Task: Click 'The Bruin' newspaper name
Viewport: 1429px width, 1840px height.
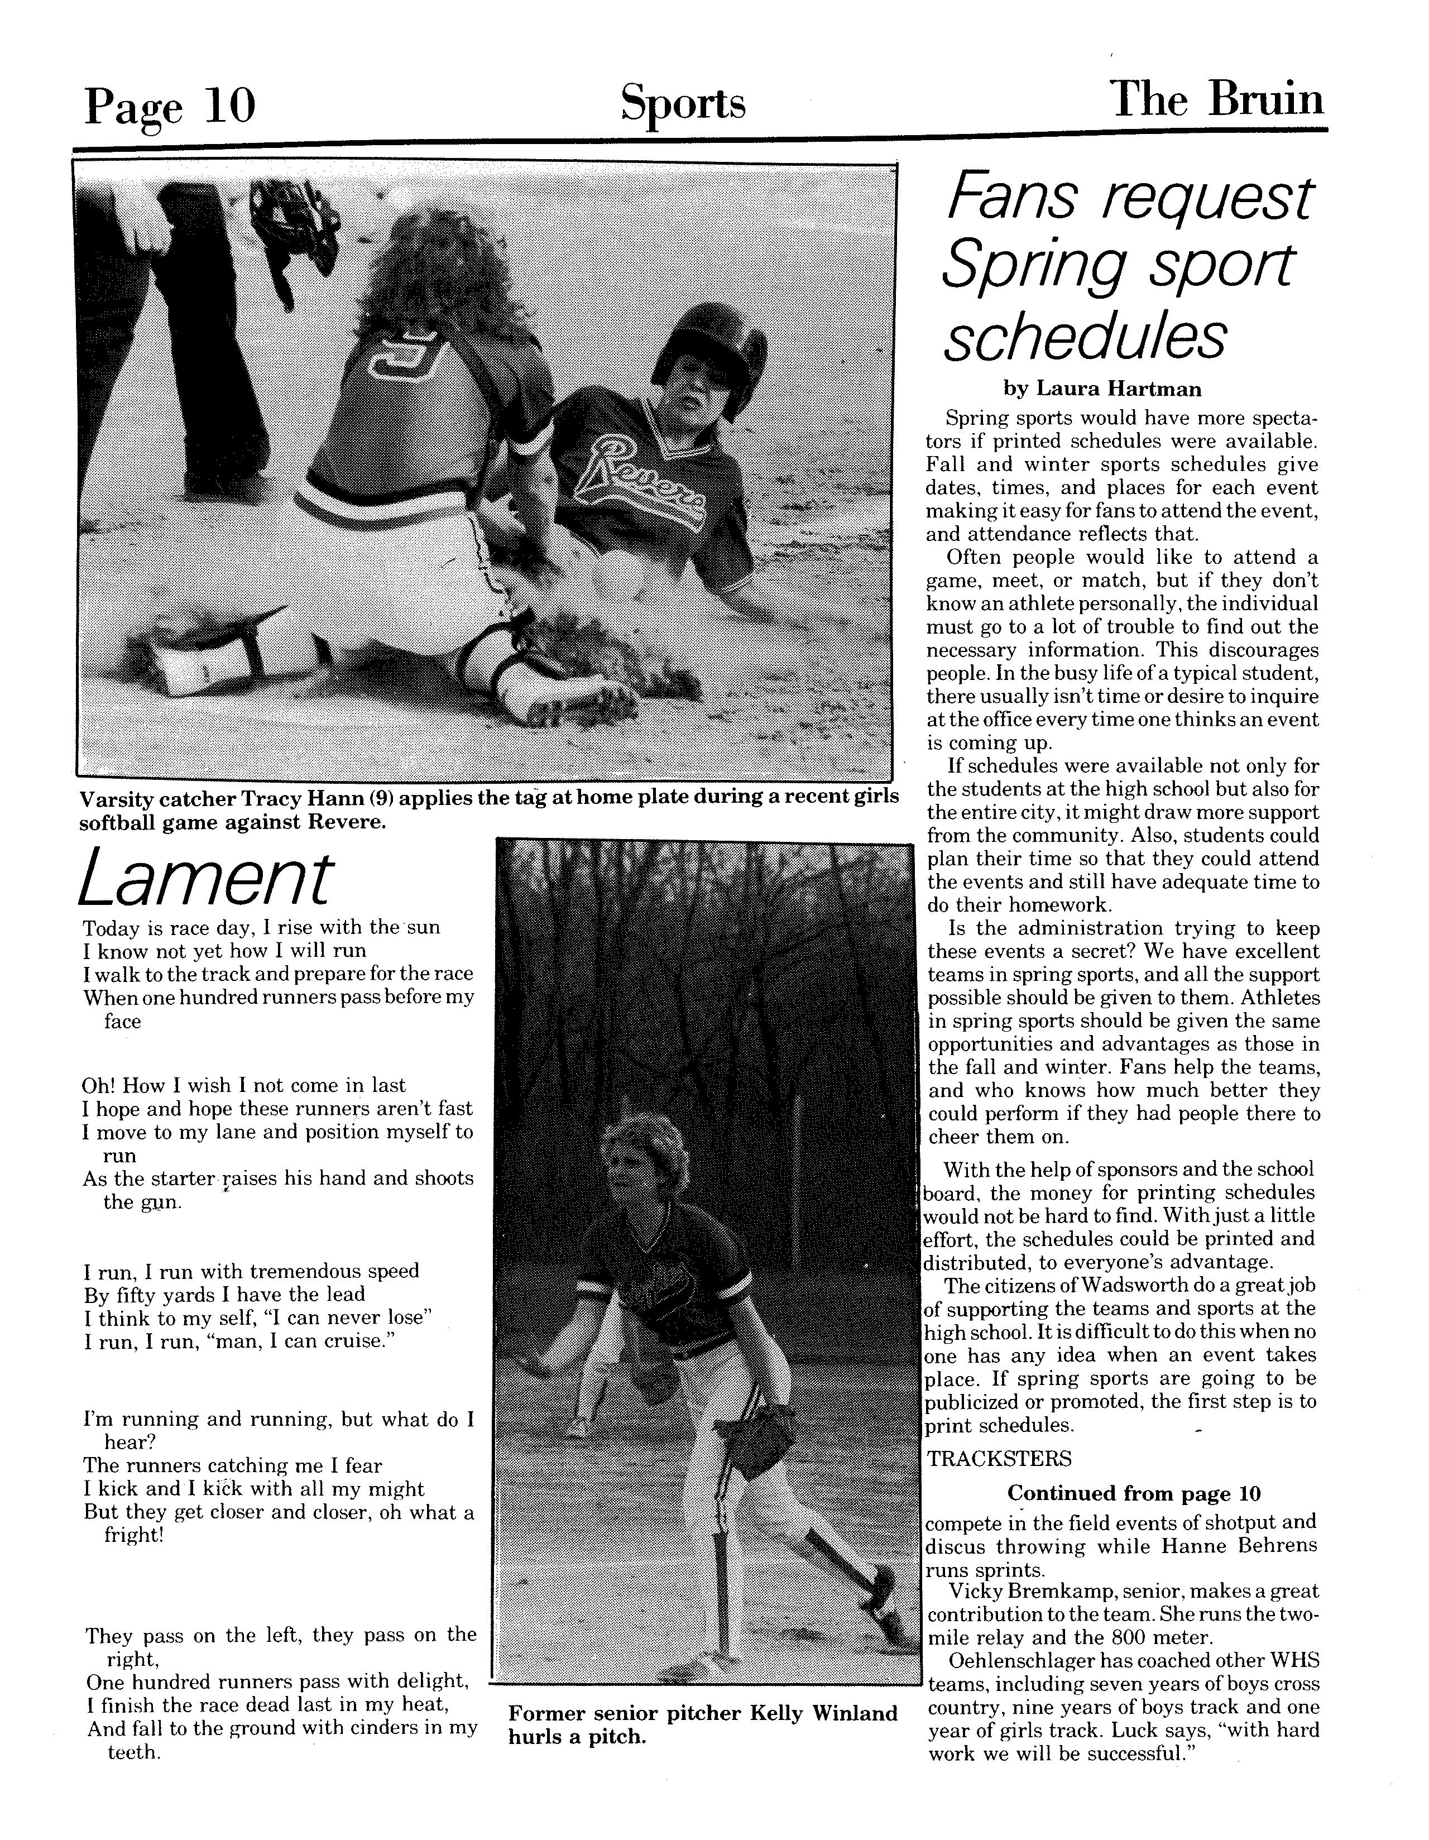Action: coord(1217,101)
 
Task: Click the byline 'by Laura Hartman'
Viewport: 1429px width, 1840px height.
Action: coord(1102,389)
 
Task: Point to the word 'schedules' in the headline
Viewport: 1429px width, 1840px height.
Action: coord(1085,337)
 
